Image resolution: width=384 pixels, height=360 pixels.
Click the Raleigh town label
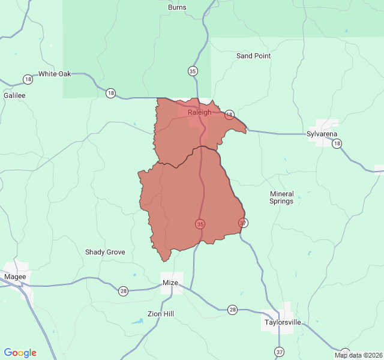click(x=199, y=112)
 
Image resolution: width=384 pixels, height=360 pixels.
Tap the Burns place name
click(x=177, y=8)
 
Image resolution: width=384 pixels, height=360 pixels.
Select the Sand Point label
click(x=253, y=56)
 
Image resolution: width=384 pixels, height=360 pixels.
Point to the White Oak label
click(x=55, y=74)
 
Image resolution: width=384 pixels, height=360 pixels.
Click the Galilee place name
click(x=14, y=95)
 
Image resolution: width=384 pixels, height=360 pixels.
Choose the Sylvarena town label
click(x=322, y=134)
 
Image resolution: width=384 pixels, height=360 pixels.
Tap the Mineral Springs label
click(x=281, y=197)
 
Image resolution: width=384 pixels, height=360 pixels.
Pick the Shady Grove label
click(x=105, y=252)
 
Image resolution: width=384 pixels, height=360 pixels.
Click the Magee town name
click(x=15, y=277)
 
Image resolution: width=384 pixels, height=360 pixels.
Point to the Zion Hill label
click(x=161, y=314)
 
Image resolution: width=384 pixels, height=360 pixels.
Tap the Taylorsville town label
click(x=283, y=322)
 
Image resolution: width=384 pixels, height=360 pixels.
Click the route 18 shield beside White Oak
click(x=28, y=79)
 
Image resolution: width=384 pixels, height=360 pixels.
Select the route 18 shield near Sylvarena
click(x=337, y=143)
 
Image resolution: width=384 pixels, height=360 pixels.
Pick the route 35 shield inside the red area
click(x=200, y=224)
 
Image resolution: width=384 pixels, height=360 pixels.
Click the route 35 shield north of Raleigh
click(x=192, y=71)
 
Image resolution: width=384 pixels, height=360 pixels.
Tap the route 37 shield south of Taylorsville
click(x=280, y=351)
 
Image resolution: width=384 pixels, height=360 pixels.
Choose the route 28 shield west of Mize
click(x=123, y=291)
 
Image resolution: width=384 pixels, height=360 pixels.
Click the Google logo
click(x=20, y=353)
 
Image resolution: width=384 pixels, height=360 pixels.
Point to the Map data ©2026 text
click(x=358, y=355)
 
